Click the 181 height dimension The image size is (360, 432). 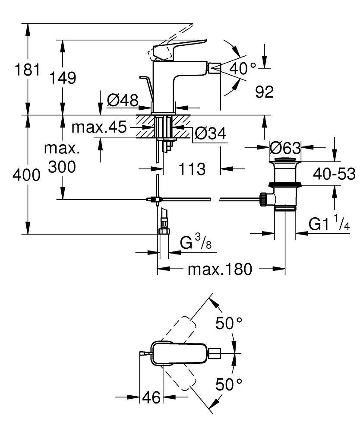(27, 70)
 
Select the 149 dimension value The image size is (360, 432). (62, 78)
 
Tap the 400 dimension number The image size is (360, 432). (26, 175)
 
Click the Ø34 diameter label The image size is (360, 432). (210, 134)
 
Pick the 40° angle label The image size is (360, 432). (242, 68)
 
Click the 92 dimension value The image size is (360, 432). (264, 92)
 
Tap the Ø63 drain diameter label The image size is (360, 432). (284, 148)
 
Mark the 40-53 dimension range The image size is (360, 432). (335, 174)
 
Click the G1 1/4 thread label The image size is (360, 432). (329, 224)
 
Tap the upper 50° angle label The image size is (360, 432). (229, 323)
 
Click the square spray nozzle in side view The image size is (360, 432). (215, 68)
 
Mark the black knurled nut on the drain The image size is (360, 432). (262, 199)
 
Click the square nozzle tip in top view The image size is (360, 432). (215, 354)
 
